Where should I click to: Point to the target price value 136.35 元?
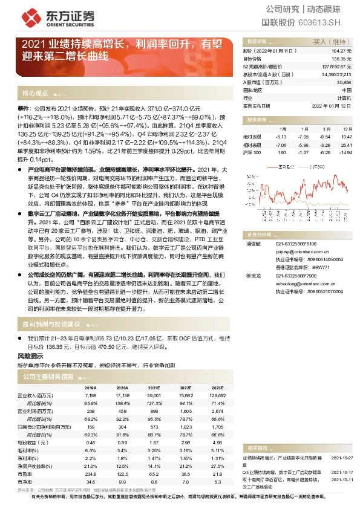pos(342,59)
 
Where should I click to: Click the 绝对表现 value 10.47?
pos(345,137)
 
